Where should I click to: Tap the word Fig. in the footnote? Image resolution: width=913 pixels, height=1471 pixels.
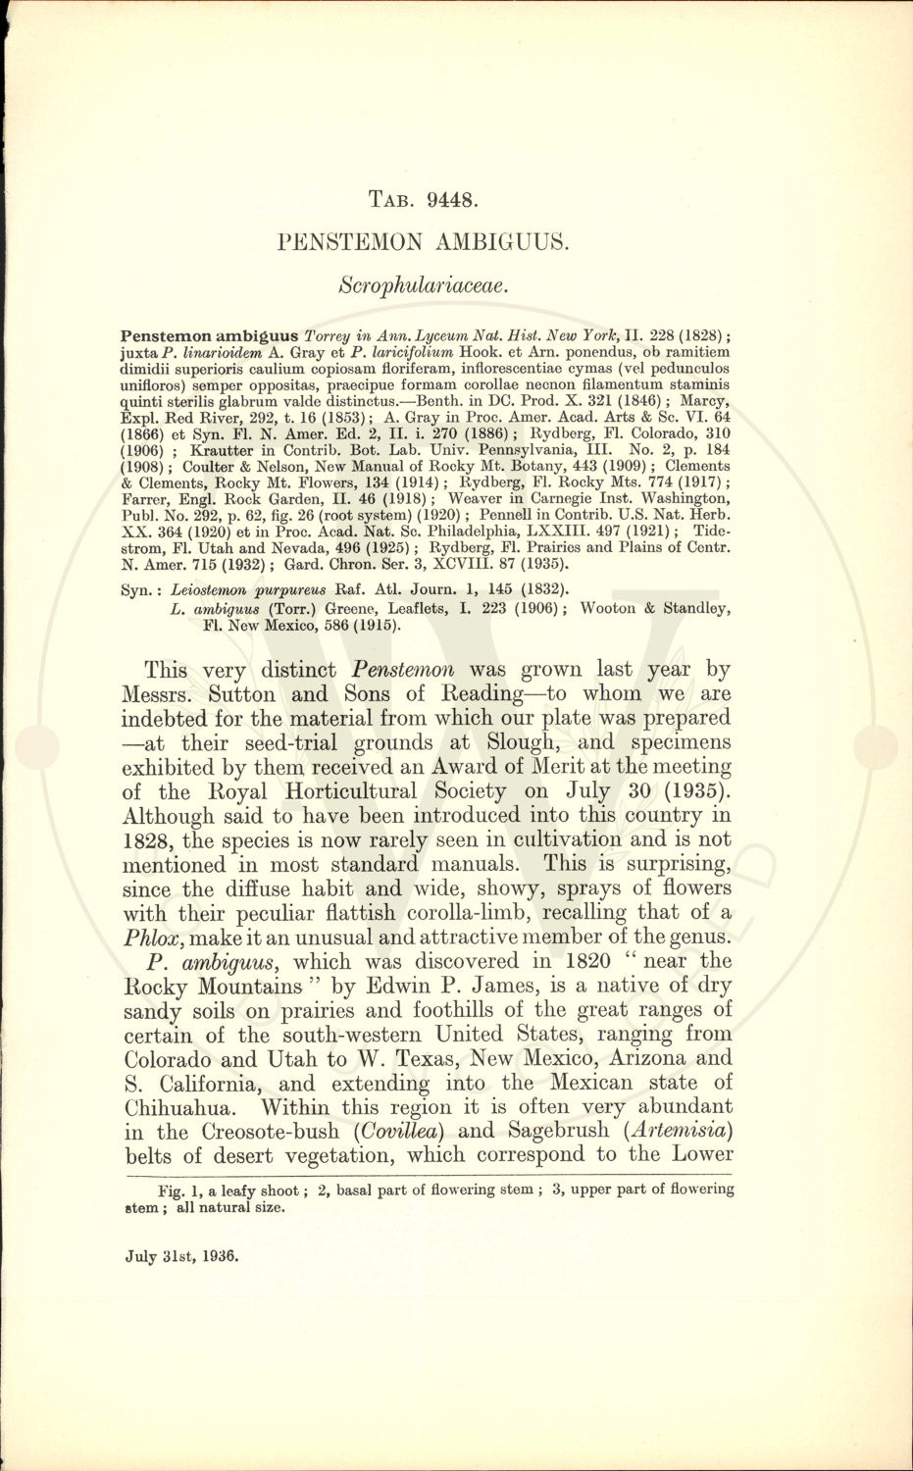click(157, 1191)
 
